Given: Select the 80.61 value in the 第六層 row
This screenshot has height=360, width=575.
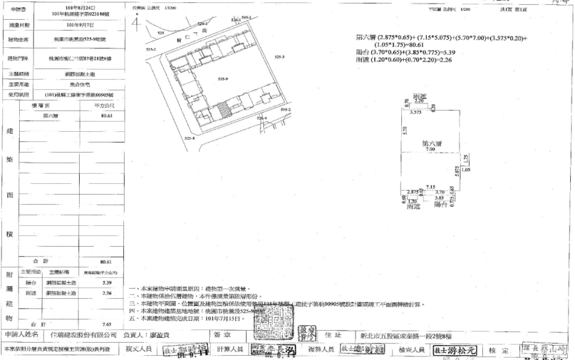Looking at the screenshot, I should point(107,116).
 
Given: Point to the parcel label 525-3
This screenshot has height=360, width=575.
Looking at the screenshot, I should point(279,57).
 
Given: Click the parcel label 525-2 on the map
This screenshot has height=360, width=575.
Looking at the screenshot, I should point(151,50).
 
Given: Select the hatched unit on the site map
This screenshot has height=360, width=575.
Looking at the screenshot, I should point(223,111).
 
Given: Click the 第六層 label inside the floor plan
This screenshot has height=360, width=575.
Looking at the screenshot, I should point(431,144).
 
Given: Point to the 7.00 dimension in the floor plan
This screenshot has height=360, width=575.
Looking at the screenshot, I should point(431,150).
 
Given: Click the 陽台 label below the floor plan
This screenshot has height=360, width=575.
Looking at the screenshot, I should point(441,204).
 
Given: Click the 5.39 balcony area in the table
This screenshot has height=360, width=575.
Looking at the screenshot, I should point(107,282).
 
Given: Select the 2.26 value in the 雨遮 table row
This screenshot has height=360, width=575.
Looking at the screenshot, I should point(107,293).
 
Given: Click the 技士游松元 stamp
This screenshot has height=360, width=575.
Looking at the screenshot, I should point(453,349).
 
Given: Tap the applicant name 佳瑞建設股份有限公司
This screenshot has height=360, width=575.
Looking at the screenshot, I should point(83,334).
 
